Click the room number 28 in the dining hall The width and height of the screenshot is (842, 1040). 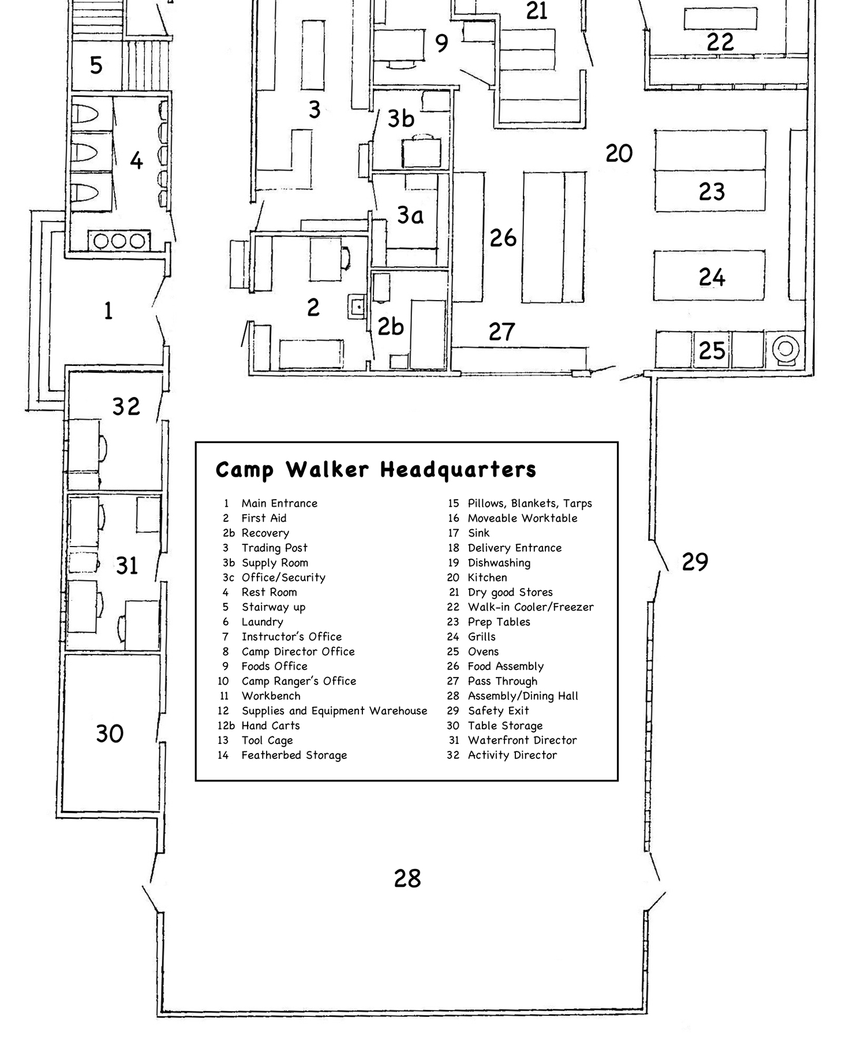[407, 879]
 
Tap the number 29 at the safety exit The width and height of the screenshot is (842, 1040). [694, 562]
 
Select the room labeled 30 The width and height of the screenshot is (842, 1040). [110, 734]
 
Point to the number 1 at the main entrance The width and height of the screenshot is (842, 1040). [108, 312]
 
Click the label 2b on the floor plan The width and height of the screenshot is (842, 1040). [391, 327]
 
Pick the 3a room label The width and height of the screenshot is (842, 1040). [410, 216]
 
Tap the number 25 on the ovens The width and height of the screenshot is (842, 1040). [712, 350]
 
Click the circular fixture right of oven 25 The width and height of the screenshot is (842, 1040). [785, 349]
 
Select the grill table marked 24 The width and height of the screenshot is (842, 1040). [710, 276]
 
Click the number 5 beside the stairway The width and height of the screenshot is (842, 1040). [96, 65]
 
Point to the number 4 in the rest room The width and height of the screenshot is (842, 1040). [136, 161]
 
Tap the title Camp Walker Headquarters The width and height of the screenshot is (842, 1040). [376, 470]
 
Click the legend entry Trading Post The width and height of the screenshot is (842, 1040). [274, 548]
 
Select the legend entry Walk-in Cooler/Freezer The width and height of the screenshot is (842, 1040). [530, 607]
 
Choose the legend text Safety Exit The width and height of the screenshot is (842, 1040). [498, 711]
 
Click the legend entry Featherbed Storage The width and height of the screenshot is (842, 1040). [294, 755]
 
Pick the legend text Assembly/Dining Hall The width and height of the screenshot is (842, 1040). [522, 696]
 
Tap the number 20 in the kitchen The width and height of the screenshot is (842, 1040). [619, 154]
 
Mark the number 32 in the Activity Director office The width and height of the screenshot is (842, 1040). [126, 407]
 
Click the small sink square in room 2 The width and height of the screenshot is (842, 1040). [357, 306]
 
